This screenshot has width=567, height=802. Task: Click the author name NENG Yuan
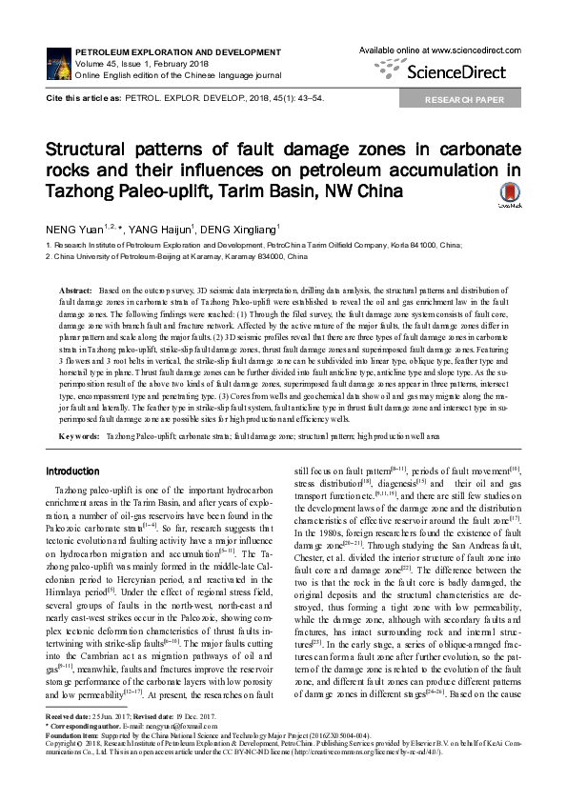pyautogui.click(x=70, y=230)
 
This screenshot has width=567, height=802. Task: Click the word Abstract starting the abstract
pyautogui.click(x=76, y=288)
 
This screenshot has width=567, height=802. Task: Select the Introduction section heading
pyautogui.click(x=72, y=471)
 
